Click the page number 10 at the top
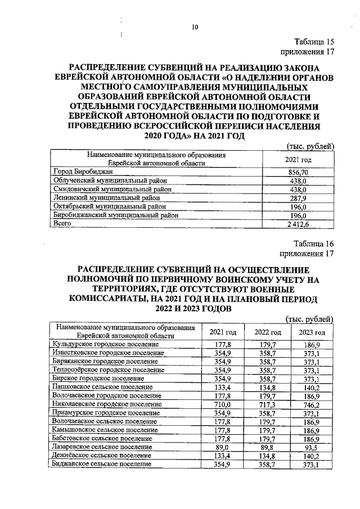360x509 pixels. pyautogui.click(x=195, y=26)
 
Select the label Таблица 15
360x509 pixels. pyautogui.click(x=315, y=42)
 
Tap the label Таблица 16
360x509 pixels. pyautogui.click(x=314, y=244)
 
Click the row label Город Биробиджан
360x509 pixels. pyautogui.click(x=83, y=171)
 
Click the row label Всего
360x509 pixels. pyautogui.click(x=60, y=223)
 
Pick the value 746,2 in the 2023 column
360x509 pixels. pyautogui.click(x=313, y=404)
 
